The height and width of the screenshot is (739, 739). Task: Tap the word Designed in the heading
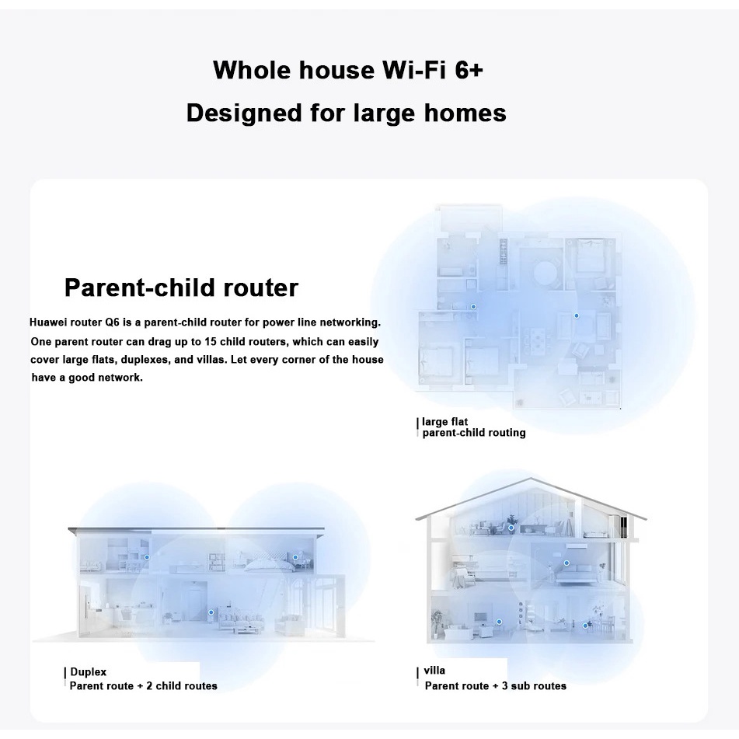pos(244,113)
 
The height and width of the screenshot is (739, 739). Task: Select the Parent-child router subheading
pos(182,288)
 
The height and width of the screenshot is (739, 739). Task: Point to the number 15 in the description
pos(211,341)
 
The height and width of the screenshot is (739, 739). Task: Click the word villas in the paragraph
pos(213,360)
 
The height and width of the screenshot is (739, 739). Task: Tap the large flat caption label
pos(444,421)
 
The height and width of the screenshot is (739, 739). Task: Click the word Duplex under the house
pos(88,672)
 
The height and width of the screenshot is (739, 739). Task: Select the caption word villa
pos(434,670)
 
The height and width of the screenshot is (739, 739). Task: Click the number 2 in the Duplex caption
pos(149,685)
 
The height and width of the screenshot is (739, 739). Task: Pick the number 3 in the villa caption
pos(504,685)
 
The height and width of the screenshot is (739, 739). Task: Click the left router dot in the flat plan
pos(473,307)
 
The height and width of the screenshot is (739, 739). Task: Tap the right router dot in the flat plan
pos(576,315)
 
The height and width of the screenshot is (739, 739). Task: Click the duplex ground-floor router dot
pos(211,612)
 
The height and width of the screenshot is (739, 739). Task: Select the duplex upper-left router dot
pos(147,557)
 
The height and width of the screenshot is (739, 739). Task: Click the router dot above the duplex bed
pos(295,557)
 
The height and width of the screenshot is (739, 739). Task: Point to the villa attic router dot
pos(511,528)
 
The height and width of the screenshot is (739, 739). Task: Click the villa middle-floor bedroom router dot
pos(566,563)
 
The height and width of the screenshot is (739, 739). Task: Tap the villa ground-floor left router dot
pos(499,622)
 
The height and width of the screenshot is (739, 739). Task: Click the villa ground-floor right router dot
pos(585,626)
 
